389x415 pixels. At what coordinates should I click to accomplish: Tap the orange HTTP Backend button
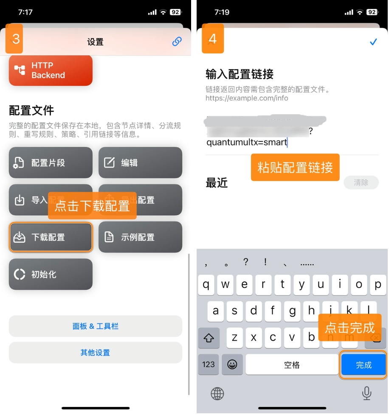(51, 70)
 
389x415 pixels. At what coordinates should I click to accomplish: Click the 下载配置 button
(51, 237)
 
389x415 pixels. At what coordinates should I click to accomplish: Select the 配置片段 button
(51, 163)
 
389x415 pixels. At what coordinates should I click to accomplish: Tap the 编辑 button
(140, 163)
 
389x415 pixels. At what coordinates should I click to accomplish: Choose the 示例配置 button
(140, 237)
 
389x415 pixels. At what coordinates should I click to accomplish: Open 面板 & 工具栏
(96, 326)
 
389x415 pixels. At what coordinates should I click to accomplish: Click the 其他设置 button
(96, 353)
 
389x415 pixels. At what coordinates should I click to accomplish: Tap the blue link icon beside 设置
(177, 42)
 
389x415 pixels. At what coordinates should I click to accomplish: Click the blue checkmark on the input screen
(373, 42)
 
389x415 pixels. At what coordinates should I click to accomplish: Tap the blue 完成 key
(364, 365)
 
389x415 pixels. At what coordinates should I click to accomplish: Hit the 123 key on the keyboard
(209, 365)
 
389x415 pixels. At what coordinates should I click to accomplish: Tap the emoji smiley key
(232, 365)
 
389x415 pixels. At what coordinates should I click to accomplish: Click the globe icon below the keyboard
(217, 394)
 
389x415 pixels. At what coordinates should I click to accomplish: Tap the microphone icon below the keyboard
(366, 394)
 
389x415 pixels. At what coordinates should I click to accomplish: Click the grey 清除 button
(361, 182)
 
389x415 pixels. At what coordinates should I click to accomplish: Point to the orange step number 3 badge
(14, 39)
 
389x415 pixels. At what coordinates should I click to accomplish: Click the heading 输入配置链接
(240, 74)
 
